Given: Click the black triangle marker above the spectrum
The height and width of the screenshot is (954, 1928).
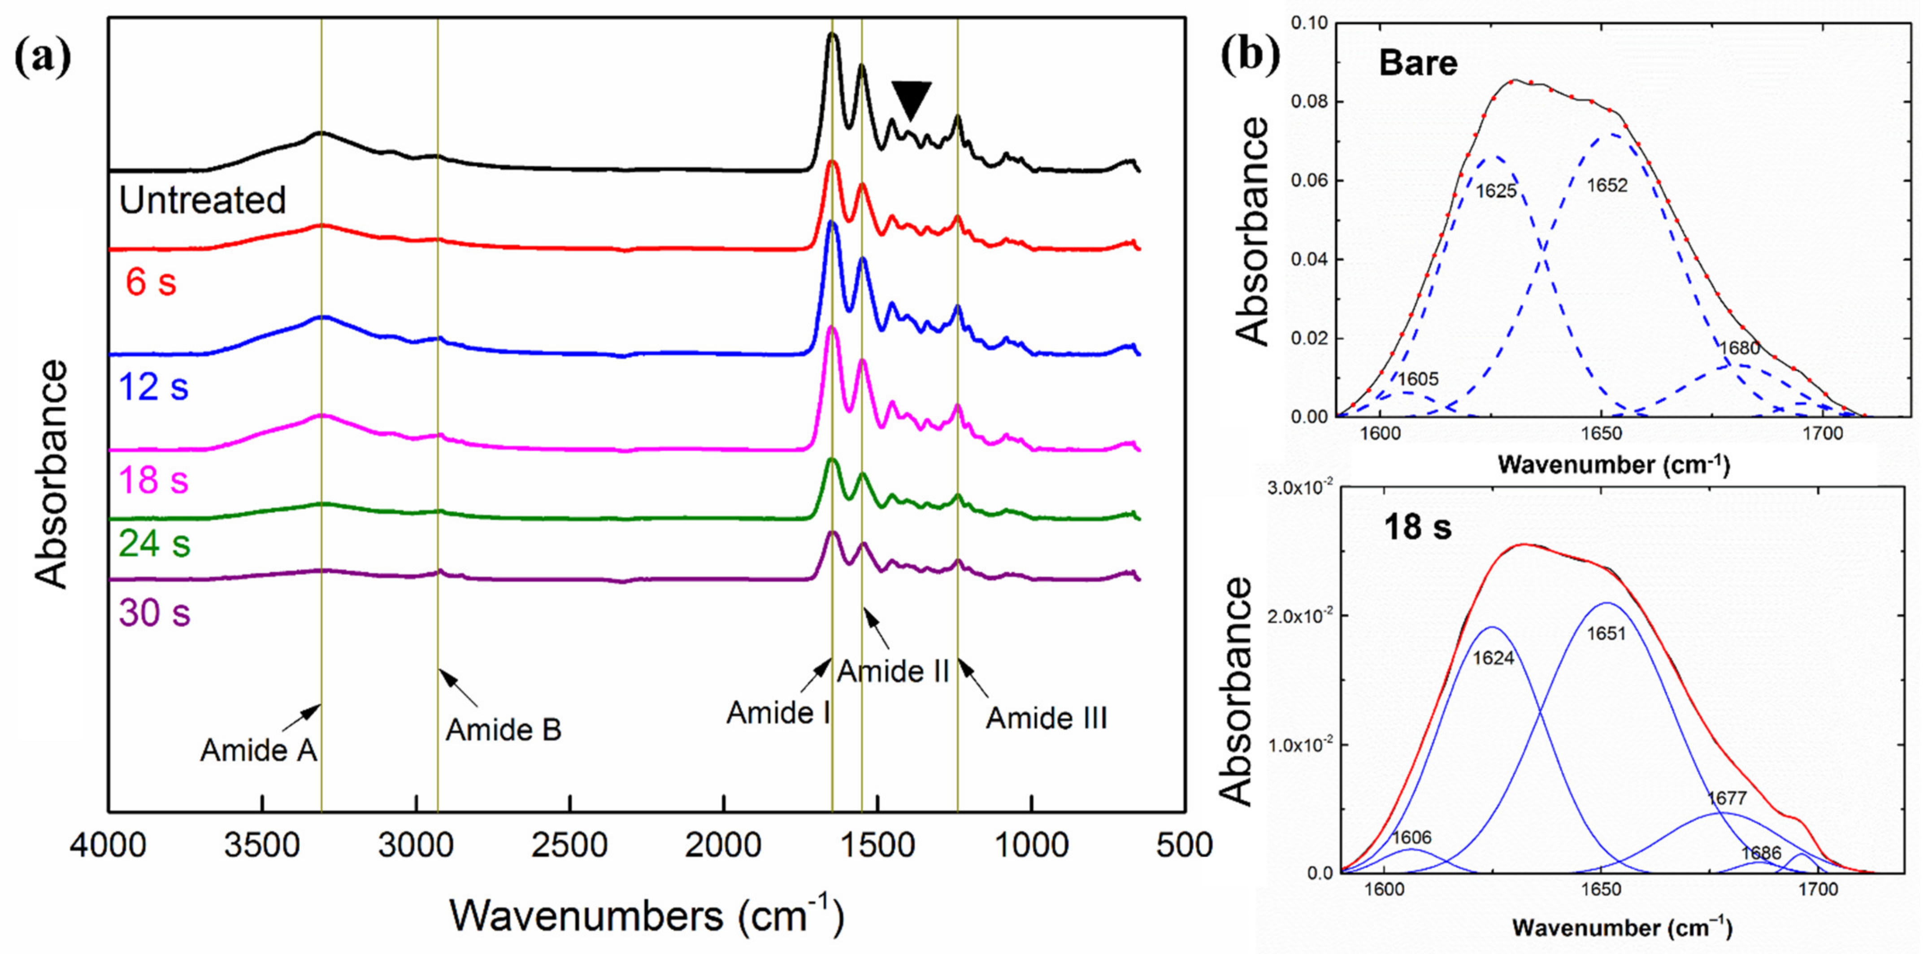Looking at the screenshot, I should tap(911, 98).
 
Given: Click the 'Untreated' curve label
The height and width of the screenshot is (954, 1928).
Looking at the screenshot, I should tap(202, 200).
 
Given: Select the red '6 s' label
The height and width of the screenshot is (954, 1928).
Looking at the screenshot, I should tap(151, 283).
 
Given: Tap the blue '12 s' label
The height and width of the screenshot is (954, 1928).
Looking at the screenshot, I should tap(153, 387).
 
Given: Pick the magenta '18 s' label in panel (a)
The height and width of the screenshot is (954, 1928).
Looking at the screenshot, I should tap(153, 480).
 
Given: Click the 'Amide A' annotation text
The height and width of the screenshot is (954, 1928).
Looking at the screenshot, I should tap(258, 750).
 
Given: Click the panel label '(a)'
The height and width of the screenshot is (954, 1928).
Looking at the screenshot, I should tap(43, 58).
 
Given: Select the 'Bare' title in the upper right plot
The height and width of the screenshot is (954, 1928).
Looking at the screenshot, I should tap(1418, 63).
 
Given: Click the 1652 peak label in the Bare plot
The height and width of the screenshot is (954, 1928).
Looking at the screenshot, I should tap(1607, 185).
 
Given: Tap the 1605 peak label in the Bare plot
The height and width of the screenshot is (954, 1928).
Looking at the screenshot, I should tap(1418, 379).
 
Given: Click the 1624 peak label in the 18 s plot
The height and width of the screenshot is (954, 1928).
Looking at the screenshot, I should tap(1493, 659).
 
